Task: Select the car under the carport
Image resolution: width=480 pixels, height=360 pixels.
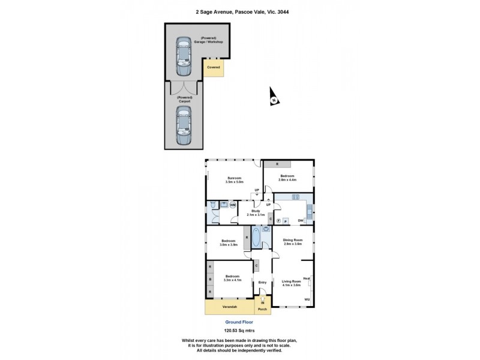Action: (x=182, y=127)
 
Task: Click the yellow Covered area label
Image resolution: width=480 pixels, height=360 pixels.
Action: (x=213, y=68)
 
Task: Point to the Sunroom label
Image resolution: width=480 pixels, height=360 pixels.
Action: (x=234, y=178)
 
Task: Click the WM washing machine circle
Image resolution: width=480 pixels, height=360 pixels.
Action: (x=232, y=205)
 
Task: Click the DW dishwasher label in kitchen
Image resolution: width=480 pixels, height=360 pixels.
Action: (x=301, y=221)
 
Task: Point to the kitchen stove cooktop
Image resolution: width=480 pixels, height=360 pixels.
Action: (x=295, y=197)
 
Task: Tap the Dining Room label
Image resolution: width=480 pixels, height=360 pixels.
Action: (x=293, y=241)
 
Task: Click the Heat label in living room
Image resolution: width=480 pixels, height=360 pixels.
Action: (x=306, y=278)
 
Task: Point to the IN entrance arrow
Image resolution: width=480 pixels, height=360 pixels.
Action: (x=262, y=302)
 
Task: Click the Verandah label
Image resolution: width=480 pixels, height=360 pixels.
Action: (x=229, y=308)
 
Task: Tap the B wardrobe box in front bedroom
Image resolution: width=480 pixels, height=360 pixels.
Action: (x=209, y=280)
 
